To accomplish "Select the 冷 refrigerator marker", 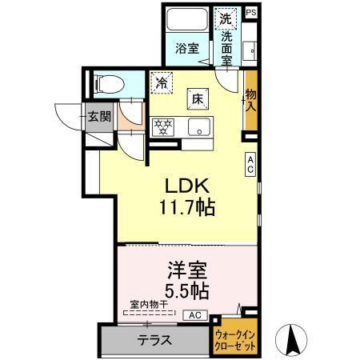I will pyautogui.click(x=162, y=81).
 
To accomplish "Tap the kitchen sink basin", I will pyautogui.click(x=199, y=126).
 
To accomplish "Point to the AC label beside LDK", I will pyautogui.click(x=250, y=163).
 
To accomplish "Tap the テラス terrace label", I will pyautogui.click(x=154, y=338).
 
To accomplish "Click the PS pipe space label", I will pyautogui.click(x=250, y=12).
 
